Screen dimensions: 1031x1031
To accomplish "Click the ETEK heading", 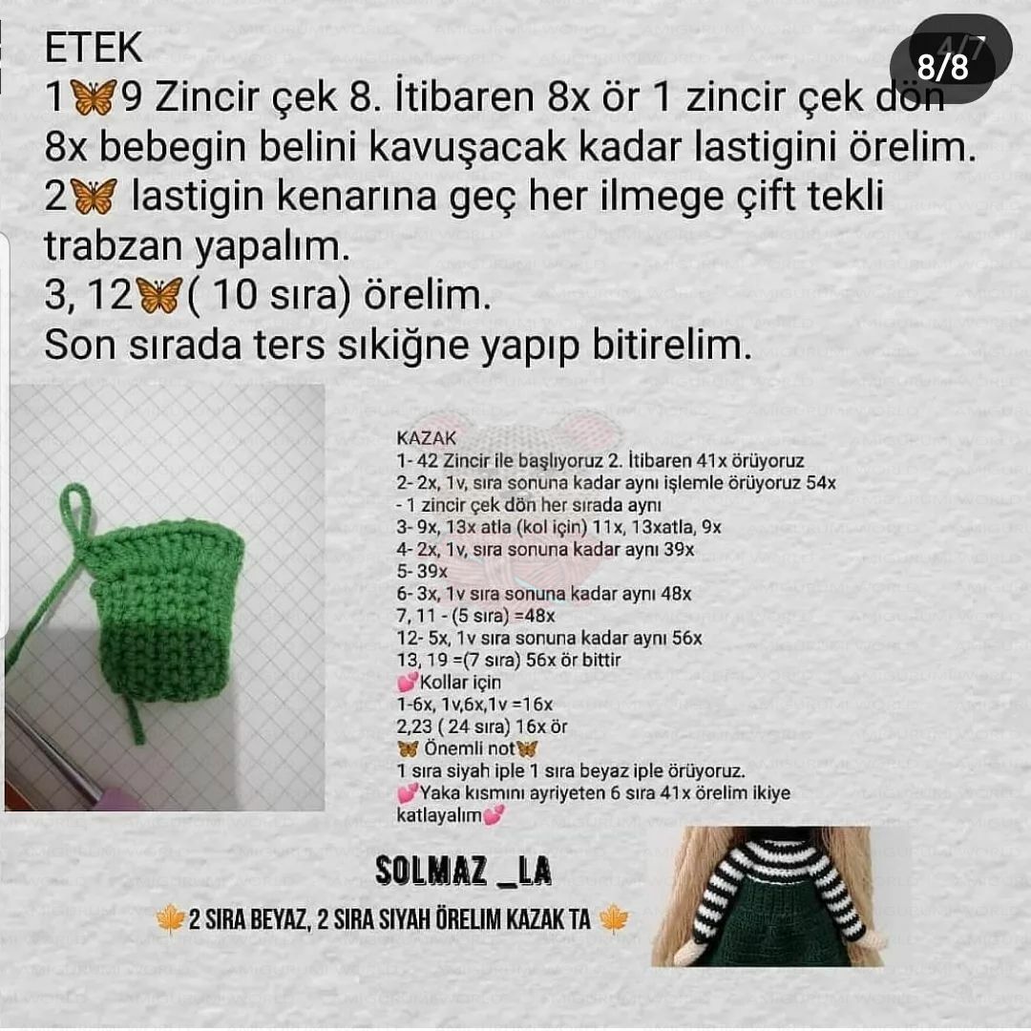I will click(94, 48).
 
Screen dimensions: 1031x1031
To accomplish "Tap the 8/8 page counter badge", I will click(942, 66).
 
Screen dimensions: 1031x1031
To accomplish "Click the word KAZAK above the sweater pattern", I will click(427, 439).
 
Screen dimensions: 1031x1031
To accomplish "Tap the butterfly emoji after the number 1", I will click(94, 97).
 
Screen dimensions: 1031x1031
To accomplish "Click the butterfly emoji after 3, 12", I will click(158, 296).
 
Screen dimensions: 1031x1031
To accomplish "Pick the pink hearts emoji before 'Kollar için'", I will click(407, 683).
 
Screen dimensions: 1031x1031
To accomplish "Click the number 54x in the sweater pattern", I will click(820, 483).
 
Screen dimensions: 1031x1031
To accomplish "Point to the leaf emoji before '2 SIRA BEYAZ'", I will click(170, 919).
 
